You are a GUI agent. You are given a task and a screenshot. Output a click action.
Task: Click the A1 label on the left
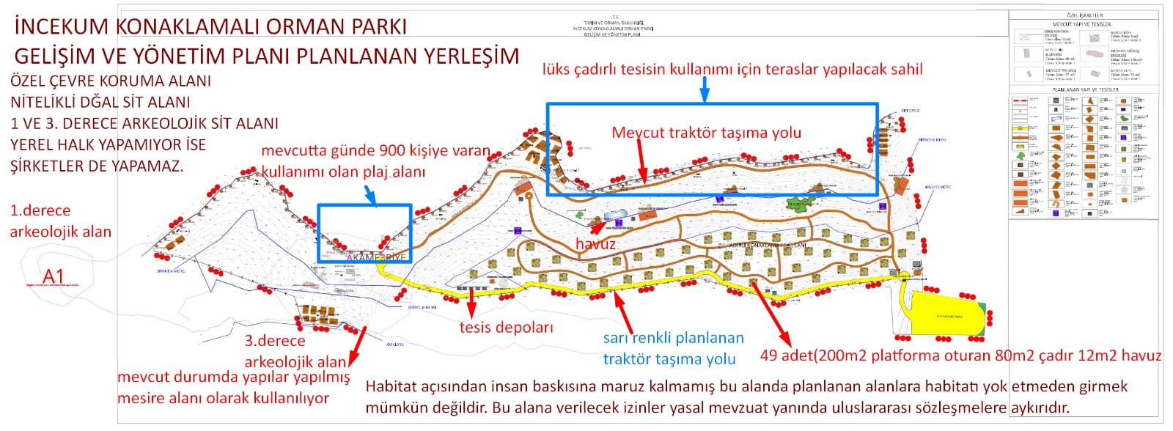(54, 276)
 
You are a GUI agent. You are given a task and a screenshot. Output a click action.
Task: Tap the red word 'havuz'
(595, 245)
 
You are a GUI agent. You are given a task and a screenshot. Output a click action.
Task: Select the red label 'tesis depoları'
(506, 327)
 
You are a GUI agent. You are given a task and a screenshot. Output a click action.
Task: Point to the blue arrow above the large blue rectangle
(705, 89)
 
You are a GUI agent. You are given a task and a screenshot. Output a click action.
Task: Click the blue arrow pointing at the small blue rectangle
(370, 195)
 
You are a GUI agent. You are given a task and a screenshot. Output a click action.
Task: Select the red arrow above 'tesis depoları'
(471, 301)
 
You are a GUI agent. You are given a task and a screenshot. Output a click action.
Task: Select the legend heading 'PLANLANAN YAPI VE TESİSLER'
(1085, 89)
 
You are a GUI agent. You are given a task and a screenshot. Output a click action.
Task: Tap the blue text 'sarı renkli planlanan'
(673, 338)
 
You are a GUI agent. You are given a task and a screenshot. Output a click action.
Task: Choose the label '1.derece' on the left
(40, 210)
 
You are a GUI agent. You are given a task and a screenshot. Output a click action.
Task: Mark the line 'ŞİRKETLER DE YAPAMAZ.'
(97, 166)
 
